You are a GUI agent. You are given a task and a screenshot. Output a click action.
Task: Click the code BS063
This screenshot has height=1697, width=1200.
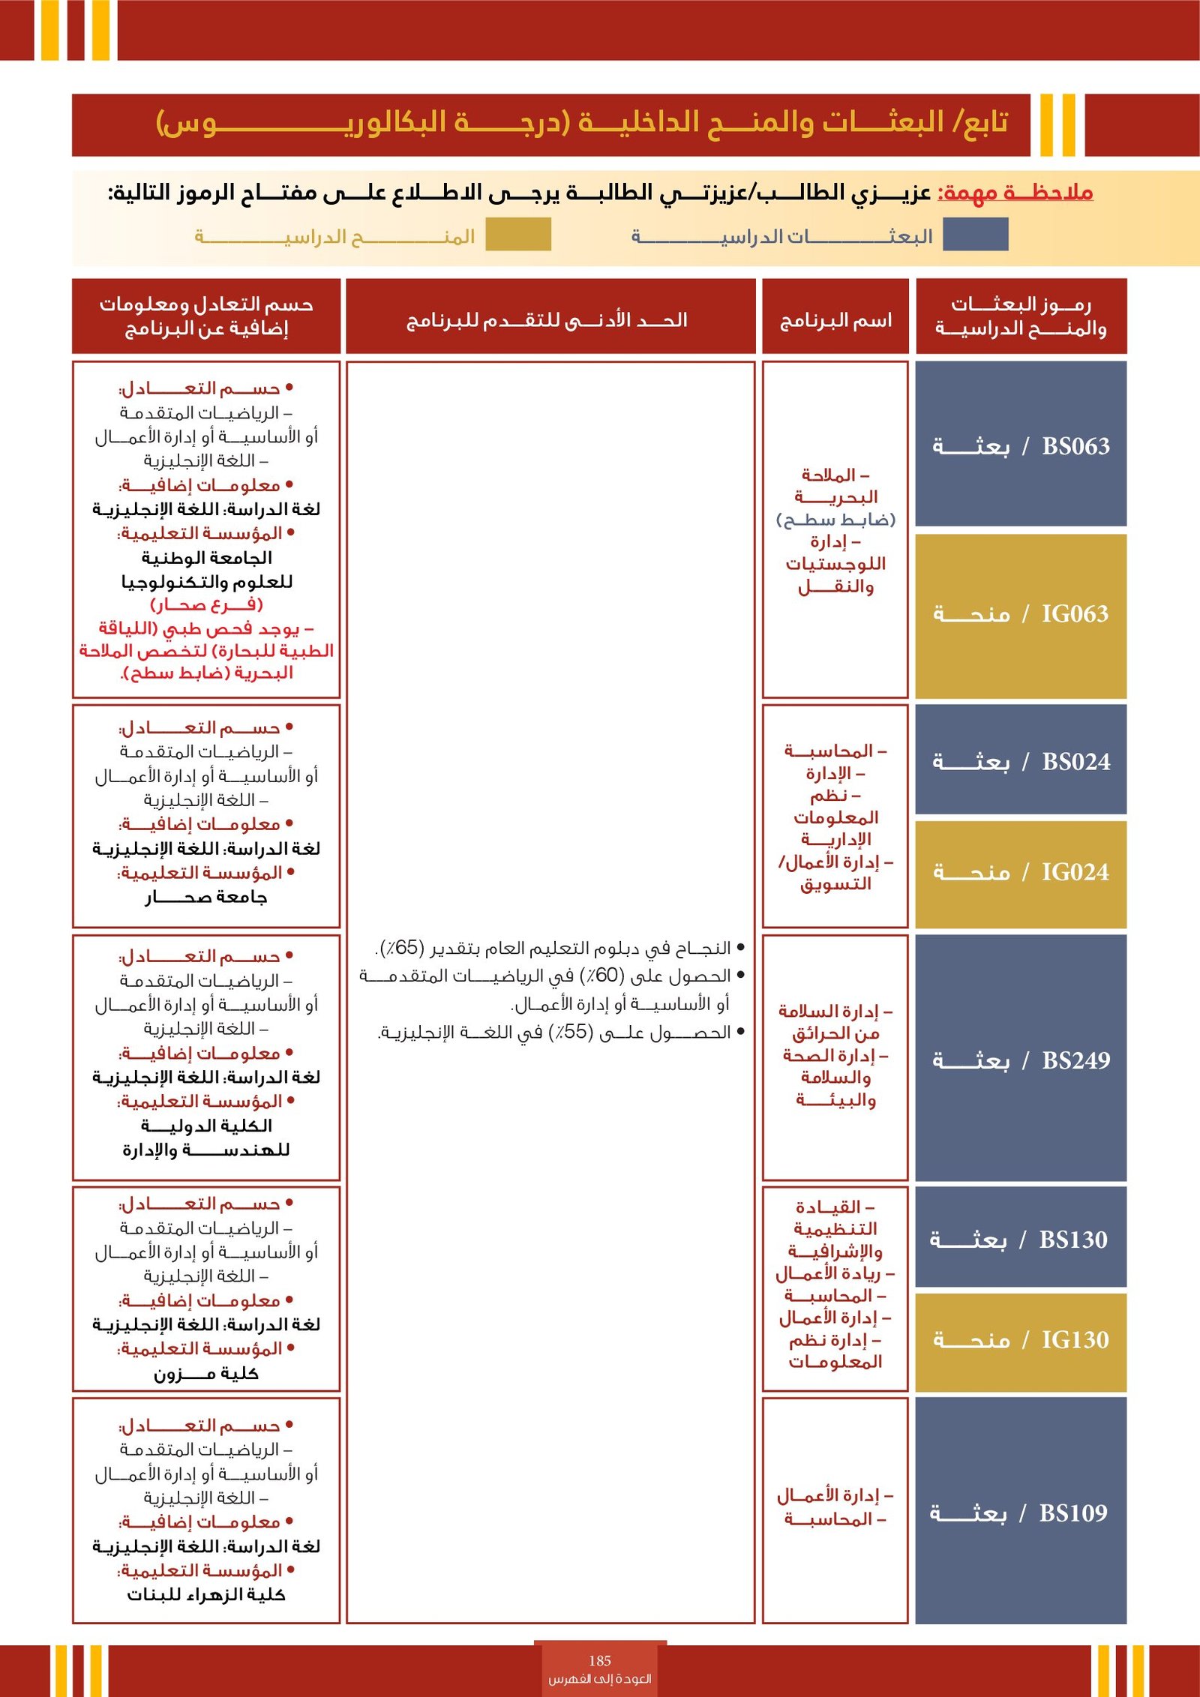coord(1075,446)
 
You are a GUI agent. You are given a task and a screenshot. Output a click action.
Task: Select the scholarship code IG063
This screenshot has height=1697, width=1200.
coord(1075,614)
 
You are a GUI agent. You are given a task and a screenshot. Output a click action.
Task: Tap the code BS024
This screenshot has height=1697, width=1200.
coord(1075,762)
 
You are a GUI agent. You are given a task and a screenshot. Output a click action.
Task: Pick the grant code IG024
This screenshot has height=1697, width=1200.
coord(1075,872)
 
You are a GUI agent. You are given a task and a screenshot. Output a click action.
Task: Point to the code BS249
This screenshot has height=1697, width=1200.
coord(1075,1060)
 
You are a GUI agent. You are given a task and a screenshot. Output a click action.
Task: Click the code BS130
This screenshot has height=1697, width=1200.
coord(1072,1240)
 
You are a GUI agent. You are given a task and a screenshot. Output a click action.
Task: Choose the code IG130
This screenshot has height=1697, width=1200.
coord(1075,1340)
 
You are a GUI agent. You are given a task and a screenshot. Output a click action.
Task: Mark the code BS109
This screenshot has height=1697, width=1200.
coord(1072,1513)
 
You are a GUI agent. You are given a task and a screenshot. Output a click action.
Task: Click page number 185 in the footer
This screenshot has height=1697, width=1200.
coord(600,1661)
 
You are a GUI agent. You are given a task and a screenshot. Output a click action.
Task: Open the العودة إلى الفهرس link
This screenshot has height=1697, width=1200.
coord(600,1679)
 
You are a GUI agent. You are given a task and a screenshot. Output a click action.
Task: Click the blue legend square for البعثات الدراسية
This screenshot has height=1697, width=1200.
coord(975,235)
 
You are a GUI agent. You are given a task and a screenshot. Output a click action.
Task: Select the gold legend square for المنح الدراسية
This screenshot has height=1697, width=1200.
coord(518,235)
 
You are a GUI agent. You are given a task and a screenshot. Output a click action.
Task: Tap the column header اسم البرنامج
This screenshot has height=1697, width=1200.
coord(835,321)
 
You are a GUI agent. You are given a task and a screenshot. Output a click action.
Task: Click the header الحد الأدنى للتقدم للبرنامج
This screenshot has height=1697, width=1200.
coord(547,321)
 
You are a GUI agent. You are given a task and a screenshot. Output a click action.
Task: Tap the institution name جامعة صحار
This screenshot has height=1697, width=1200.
coord(206,897)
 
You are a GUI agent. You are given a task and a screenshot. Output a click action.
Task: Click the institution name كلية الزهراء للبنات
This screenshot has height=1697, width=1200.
coord(206,1595)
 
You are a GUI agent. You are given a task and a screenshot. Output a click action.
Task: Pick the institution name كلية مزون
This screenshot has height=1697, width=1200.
coord(206,1374)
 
